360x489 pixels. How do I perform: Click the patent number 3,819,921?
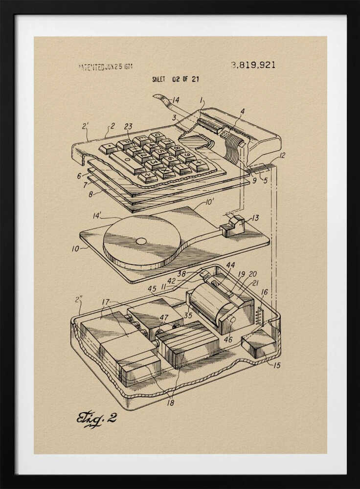[x=253, y=65]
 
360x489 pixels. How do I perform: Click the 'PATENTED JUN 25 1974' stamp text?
[x=105, y=67]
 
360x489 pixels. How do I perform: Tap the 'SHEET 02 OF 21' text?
[x=175, y=79]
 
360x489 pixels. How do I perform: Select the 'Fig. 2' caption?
[x=96, y=419]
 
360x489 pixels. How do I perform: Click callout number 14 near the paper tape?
[x=175, y=100]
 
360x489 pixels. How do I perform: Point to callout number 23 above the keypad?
[x=128, y=126]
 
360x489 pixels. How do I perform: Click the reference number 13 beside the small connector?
[x=255, y=218]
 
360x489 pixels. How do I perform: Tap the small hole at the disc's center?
[x=141, y=241]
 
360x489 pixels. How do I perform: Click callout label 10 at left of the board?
[x=75, y=248]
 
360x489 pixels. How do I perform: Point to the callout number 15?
[x=277, y=365]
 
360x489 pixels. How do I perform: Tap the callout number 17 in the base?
[x=105, y=302]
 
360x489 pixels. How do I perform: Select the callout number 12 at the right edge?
[x=282, y=156]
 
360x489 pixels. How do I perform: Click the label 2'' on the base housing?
[x=78, y=299]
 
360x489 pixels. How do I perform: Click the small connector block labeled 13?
[x=233, y=226]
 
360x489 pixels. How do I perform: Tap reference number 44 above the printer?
[x=230, y=265]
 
